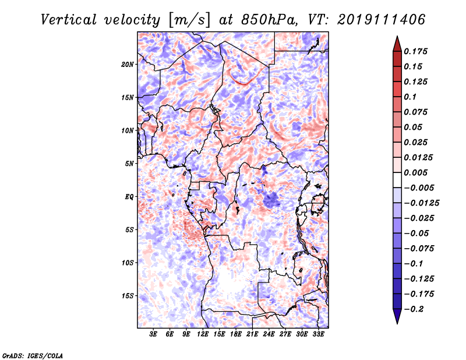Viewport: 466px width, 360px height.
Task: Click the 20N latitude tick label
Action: click(127, 65)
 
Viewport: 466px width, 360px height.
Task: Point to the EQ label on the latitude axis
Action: click(129, 197)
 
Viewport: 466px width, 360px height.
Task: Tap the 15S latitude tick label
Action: click(128, 296)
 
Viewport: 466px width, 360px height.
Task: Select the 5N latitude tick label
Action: click(129, 164)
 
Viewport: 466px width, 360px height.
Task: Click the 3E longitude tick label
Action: click(153, 334)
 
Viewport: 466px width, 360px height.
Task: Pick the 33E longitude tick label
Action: click(318, 334)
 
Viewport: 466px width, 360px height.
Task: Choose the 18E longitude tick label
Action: click(236, 334)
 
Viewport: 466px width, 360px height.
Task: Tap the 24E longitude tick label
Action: click(269, 334)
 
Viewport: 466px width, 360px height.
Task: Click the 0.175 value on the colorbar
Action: click(415, 51)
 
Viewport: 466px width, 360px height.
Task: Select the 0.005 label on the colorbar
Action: click(415, 172)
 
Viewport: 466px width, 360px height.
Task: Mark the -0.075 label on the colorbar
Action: click(419, 249)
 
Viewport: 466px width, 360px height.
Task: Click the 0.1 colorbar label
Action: click(410, 97)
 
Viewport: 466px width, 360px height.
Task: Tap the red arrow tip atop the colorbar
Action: click(397, 36)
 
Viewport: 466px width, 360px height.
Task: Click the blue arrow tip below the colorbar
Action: click(397, 323)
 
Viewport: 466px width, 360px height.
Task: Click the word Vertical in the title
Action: click(69, 20)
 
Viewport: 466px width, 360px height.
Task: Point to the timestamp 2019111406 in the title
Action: click(382, 19)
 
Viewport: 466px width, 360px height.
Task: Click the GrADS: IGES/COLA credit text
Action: click(33, 356)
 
